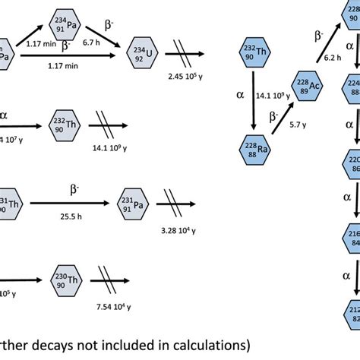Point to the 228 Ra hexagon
click(252, 146)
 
